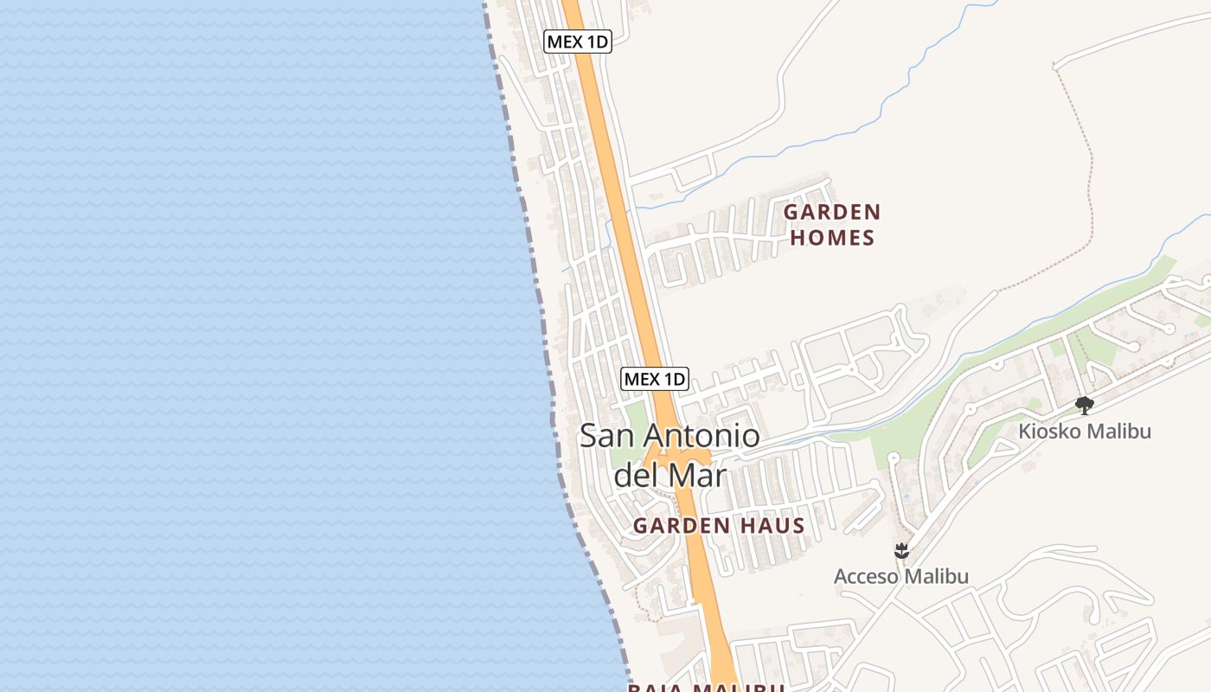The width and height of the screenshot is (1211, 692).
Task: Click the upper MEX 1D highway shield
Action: pyautogui.click(x=578, y=41)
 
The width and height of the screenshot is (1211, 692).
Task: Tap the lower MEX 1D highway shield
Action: pyautogui.click(x=655, y=378)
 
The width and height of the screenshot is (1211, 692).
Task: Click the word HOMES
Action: pyautogui.click(x=832, y=238)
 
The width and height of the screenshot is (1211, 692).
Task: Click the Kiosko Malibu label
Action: pyautogui.click(x=1085, y=430)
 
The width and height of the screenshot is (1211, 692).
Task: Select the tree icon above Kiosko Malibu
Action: pyautogui.click(x=1084, y=405)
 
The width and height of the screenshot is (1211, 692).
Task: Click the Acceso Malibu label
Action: pyautogui.click(x=900, y=576)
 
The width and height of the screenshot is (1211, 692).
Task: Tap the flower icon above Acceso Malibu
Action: pyautogui.click(x=901, y=550)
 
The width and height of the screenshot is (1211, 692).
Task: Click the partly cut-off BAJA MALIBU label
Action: pyautogui.click(x=706, y=687)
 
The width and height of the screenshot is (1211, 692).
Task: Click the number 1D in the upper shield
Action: pyautogui.click(x=594, y=41)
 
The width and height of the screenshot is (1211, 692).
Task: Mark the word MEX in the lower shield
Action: pyautogui.click(x=642, y=378)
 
